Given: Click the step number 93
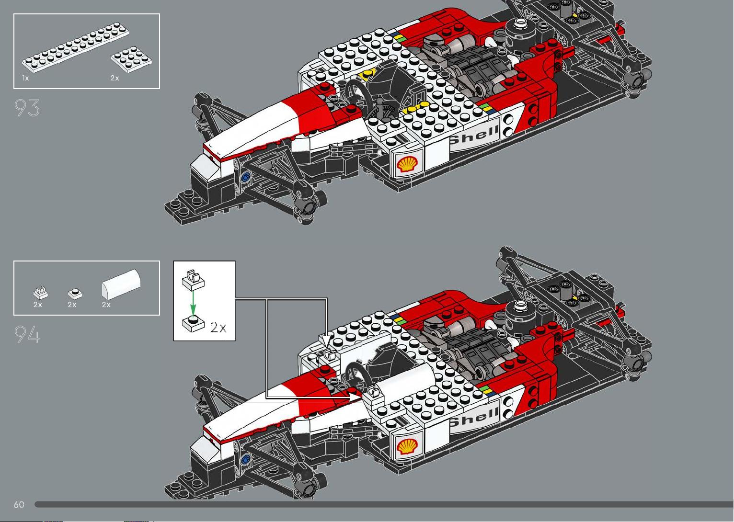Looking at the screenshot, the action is click(x=27, y=108).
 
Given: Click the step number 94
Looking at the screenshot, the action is click(x=27, y=334).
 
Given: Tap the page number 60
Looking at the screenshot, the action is click(x=19, y=504).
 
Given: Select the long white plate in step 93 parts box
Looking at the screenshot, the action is click(x=75, y=47).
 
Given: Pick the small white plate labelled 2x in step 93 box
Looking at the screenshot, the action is click(x=131, y=59).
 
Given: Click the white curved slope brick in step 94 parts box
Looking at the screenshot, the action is click(x=121, y=284).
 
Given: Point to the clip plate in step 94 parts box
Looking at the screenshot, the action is click(x=41, y=293).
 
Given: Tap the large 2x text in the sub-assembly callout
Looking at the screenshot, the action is click(x=218, y=327).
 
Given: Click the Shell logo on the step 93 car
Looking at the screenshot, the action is click(x=407, y=164).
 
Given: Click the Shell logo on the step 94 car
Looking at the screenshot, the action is click(x=407, y=446).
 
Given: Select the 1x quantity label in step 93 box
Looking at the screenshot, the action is click(x=25, y=78).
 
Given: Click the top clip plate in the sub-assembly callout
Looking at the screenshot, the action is click(x=193, y=280).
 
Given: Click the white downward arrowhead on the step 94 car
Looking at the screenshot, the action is click(x=326, y=340).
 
